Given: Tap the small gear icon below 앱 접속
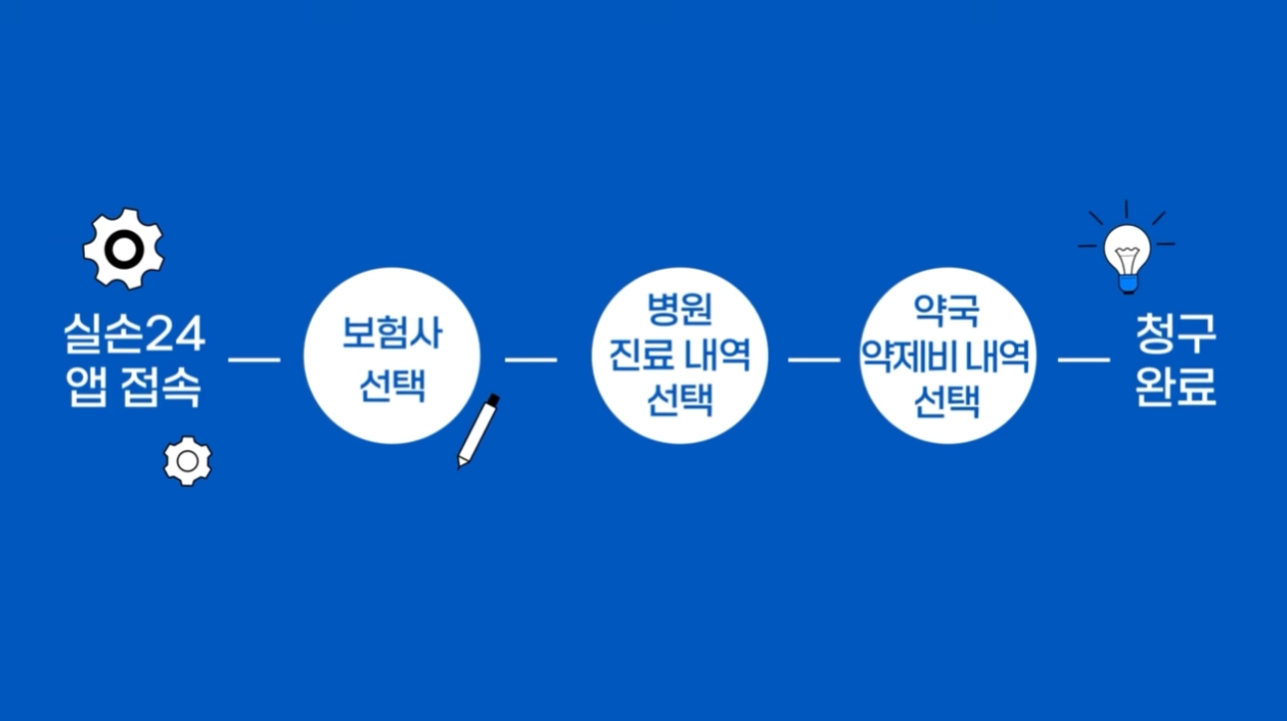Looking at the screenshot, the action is [x=187, y=461].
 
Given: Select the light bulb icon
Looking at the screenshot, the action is [x=1127, y=253].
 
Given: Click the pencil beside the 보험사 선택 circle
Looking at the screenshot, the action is [x=477, y=431].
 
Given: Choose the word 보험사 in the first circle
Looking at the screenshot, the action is [x=391, y=334].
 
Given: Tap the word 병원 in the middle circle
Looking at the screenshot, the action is [x=680, y=310].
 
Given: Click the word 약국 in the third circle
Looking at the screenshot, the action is [x=947, y=310].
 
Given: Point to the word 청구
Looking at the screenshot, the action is [x=1175, y=336].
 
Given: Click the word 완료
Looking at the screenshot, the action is [x=1175, y=388].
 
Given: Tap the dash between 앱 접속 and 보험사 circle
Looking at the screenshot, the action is [x=254, y=359].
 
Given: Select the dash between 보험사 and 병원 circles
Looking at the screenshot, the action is [x=531, y=359].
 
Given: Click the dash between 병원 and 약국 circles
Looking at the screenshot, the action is [x=814, y=359].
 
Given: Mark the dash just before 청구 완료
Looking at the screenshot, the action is [x=1083, y=359].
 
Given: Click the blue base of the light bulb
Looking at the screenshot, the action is [x=1128, y=285].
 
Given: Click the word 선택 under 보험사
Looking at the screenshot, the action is [x=391, y=384].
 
